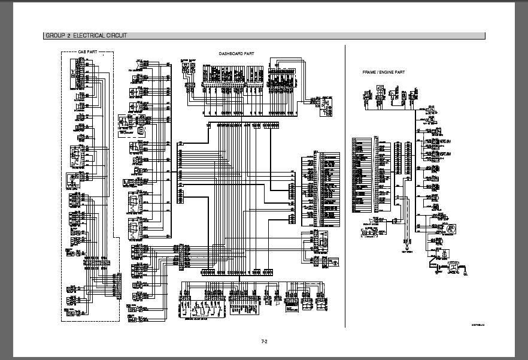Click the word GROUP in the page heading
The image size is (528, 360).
tap(55, 36)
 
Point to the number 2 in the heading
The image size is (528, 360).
tap(69, 36)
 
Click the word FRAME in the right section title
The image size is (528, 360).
tap(371, 72)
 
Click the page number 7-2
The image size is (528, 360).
tap(264, 341)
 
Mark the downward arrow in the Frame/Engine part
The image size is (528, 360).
tap(406, 246)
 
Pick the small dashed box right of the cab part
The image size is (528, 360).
tap(137, 129)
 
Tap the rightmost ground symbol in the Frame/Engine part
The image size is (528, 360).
tap(465, 275)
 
